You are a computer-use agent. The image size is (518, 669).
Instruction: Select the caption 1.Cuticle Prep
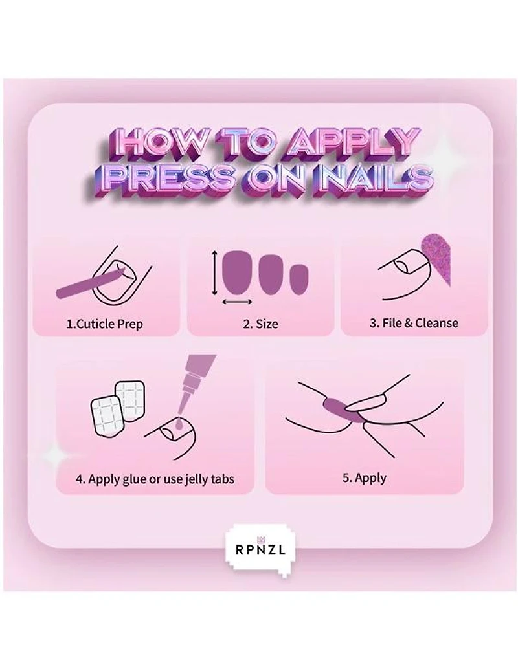105,323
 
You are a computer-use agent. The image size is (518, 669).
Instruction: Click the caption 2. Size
260,323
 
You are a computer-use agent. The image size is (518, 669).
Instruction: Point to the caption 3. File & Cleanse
414,323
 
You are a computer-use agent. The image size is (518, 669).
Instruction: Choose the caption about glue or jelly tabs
155,479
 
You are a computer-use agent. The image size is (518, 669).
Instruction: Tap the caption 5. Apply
364,478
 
